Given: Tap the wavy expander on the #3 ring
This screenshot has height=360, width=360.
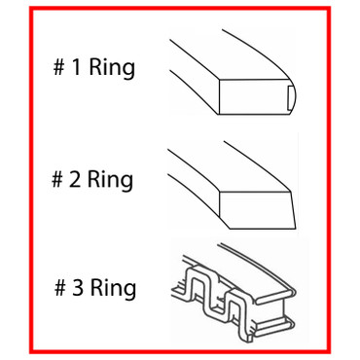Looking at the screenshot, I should tap(209, 292).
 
